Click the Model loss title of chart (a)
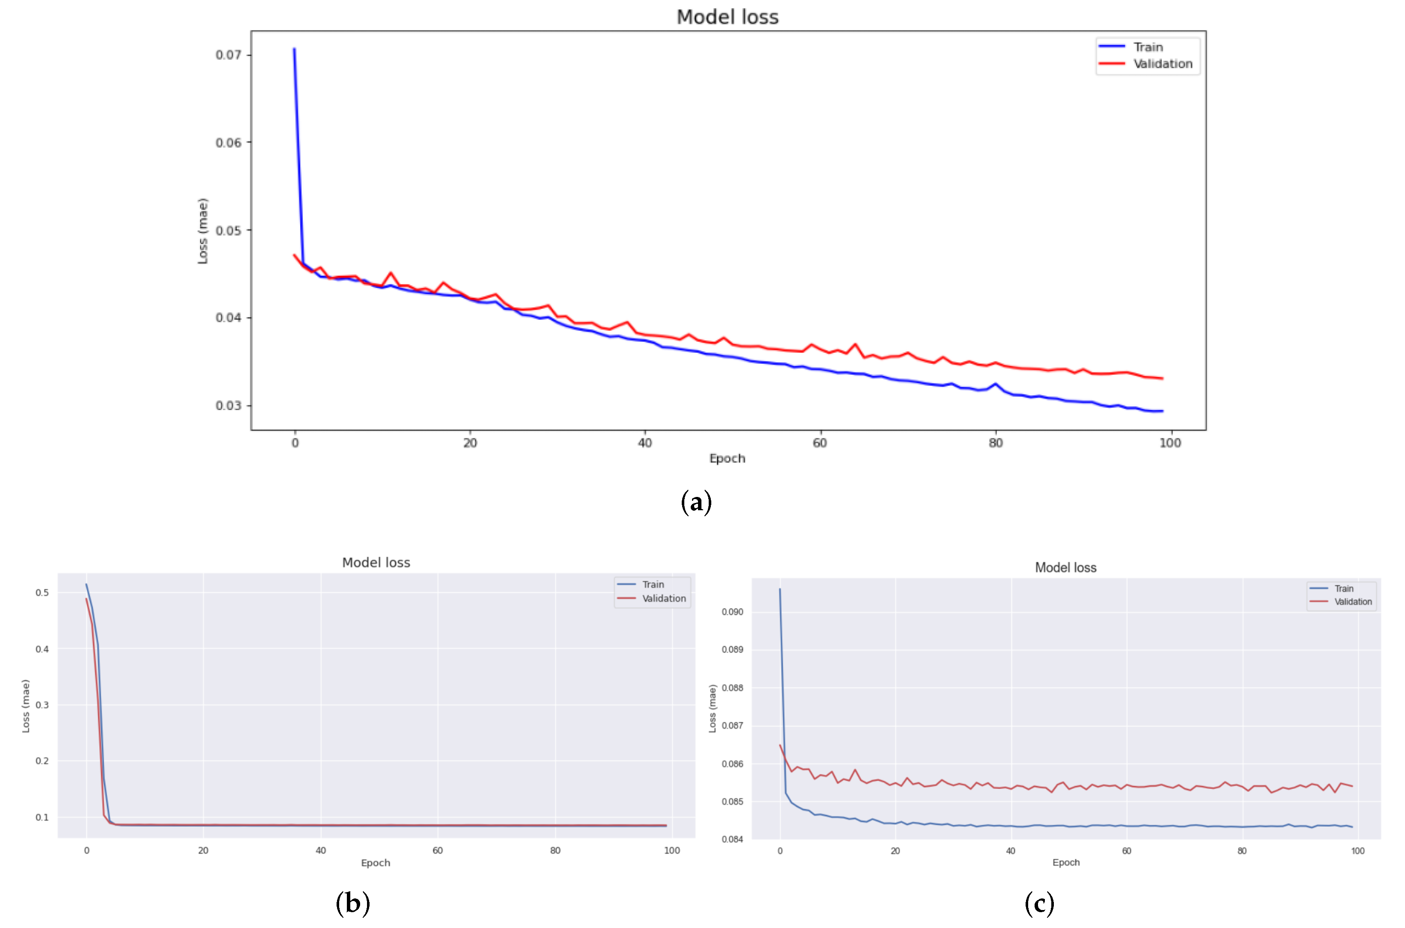(x=727, y=17)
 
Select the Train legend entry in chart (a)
(x=1148, y=47)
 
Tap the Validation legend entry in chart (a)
(x=1162, y=63)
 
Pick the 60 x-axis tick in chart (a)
(x=820, y=443)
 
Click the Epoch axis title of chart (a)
(x=727, y=458)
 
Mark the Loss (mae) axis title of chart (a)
(x=203, y=231)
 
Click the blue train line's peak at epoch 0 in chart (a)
(x=294, y=50)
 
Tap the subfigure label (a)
(x=696, y=502)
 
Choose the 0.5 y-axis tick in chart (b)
(x=42, y=592)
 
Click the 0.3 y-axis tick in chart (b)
(x=42, y=704)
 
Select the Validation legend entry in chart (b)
(x=664, y=598)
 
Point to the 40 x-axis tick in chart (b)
(x=320, y=851)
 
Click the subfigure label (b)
(x=352, y=903)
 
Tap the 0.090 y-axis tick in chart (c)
(x=732, y=611)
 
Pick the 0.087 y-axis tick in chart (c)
(x=732, y=725)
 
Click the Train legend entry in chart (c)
(x=1343, y=588)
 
